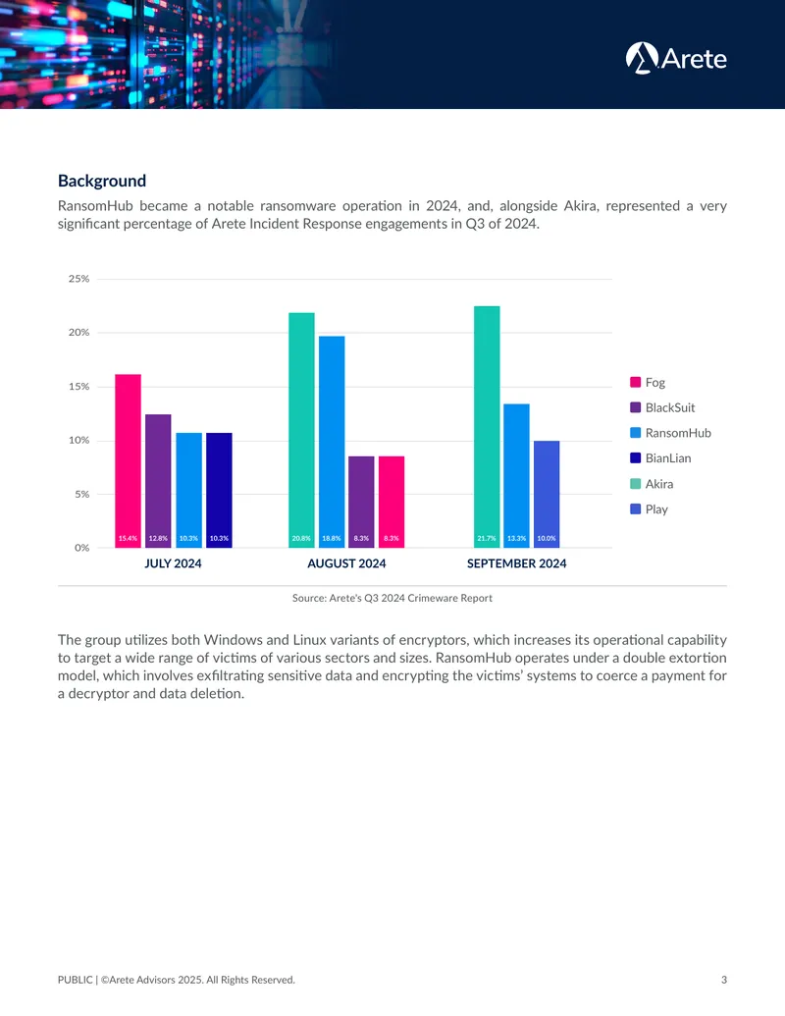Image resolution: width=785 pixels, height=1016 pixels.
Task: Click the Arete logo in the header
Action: [x=676, y=58]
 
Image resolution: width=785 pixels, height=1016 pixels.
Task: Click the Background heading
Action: [x=102, y=181]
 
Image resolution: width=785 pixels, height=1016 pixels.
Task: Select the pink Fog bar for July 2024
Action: [x=129, y=460]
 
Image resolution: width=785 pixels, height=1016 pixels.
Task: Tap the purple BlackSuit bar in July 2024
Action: [x=158, y=481]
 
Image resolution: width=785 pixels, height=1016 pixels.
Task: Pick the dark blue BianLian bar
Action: [x=219, y=490]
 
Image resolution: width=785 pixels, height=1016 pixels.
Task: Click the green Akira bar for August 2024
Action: [x=301, y=430]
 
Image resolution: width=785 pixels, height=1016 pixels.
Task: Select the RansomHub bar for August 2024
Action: [x=332, y=442]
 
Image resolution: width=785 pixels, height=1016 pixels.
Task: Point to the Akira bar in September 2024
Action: [x=487, y=427]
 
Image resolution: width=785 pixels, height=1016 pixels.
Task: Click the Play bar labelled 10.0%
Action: [x=547, y=495]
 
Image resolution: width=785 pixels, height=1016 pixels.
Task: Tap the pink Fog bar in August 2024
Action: [x=392, y=503]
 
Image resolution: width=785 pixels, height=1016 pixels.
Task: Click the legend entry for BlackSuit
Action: [x=662, y=407]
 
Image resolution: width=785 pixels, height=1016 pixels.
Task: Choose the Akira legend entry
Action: [x=652, y=484]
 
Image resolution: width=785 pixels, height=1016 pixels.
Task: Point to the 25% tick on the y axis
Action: [x=79, y=279]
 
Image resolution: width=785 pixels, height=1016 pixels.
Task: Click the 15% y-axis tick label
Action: [x=79, y=386]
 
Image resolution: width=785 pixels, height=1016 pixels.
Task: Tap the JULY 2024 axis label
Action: [x=173, y=563]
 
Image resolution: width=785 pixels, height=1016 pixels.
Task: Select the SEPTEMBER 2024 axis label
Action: [x=517, y=563]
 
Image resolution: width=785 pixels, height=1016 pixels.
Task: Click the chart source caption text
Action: [x=392, y=598]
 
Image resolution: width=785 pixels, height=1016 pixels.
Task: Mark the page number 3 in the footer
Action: [x=724, y=980]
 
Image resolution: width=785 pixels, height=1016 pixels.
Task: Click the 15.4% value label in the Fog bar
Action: [x=128, y=539]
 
